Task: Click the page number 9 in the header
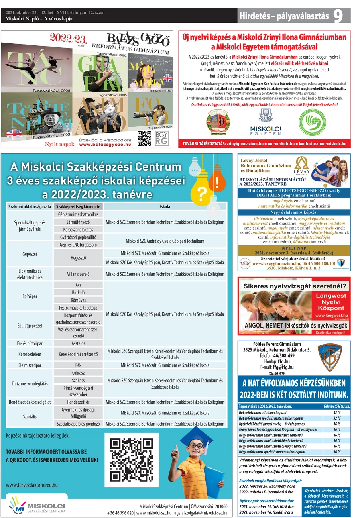338,16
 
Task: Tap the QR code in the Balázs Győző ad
144,138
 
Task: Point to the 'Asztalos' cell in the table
78,343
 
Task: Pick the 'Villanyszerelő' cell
78,274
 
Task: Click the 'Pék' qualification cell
78,365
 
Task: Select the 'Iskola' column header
165,206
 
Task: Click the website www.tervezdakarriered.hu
32,485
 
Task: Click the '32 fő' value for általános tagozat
336,412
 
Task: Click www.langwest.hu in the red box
329,315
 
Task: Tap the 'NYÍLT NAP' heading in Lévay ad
294,247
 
